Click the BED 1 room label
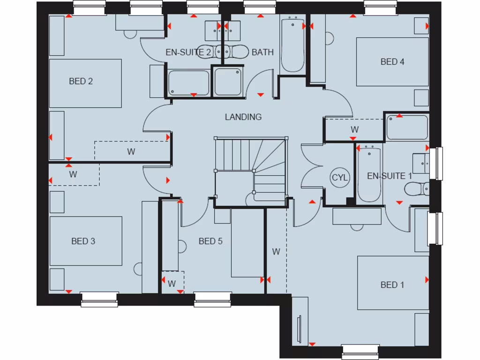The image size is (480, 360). click(392, 285)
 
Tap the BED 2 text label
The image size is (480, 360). click(81, 81)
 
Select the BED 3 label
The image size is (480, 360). click(83, 241)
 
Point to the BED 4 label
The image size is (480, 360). click(392, 62)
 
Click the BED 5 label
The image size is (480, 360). click(210, 241)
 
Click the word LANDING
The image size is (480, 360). click(243, 117)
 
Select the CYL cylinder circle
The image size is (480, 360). click(340, 178)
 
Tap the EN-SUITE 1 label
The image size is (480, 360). click(389, 176)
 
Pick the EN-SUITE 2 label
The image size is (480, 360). click(188, 52)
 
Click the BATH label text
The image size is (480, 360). click(262, 52)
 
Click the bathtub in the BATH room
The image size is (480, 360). click(292, 45)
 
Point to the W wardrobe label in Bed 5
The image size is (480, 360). click(172, 284)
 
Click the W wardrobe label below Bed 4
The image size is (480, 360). click(354, 129)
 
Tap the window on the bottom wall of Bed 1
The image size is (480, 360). click(360, 352)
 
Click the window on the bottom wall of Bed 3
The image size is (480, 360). click(99, 299)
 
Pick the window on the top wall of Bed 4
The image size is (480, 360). click(380, 7)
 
